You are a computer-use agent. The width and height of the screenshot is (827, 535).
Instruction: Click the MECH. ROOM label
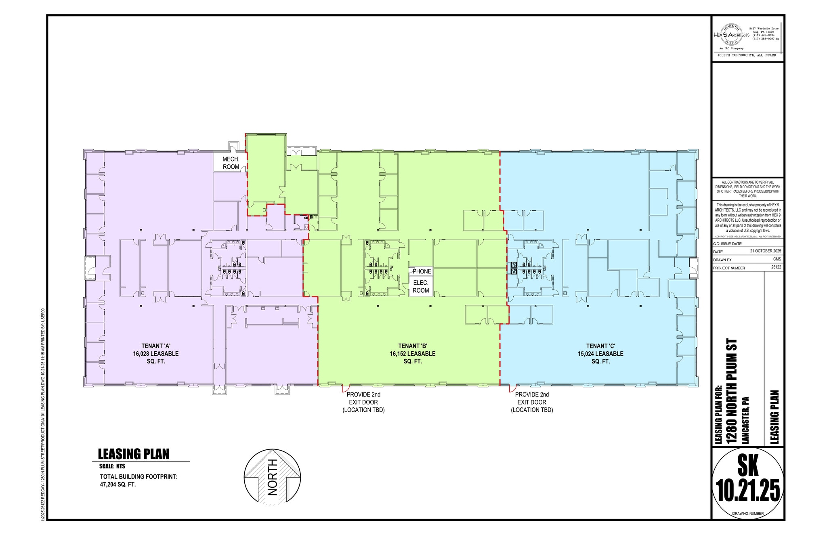231,163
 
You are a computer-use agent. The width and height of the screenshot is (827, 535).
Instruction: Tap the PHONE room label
422,271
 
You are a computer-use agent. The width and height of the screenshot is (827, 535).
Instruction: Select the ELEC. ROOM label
421,287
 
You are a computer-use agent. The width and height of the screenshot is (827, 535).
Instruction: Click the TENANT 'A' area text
155,354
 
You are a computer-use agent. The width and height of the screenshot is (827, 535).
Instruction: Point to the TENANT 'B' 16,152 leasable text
412,354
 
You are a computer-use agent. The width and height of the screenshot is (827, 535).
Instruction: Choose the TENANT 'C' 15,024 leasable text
600,354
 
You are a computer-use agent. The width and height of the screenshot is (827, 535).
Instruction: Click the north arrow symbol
273,477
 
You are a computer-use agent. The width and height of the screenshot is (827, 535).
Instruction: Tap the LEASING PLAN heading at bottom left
134,454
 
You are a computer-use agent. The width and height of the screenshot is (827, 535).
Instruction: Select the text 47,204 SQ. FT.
118,484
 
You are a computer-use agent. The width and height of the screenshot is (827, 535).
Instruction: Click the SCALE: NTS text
112,466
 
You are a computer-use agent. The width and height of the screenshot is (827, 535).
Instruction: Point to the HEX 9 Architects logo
731,35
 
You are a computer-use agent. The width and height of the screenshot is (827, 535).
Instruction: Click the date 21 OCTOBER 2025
765,251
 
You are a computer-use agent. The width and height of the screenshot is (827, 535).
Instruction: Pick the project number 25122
776,267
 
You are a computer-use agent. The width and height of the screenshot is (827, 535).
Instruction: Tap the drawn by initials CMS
777,259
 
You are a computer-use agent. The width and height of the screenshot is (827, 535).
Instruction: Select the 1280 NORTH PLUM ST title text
732,391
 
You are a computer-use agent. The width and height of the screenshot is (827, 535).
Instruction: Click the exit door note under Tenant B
363,402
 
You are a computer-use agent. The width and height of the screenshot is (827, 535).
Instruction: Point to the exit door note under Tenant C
532,402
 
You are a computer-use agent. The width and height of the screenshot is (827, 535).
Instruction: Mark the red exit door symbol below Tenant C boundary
512,389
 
